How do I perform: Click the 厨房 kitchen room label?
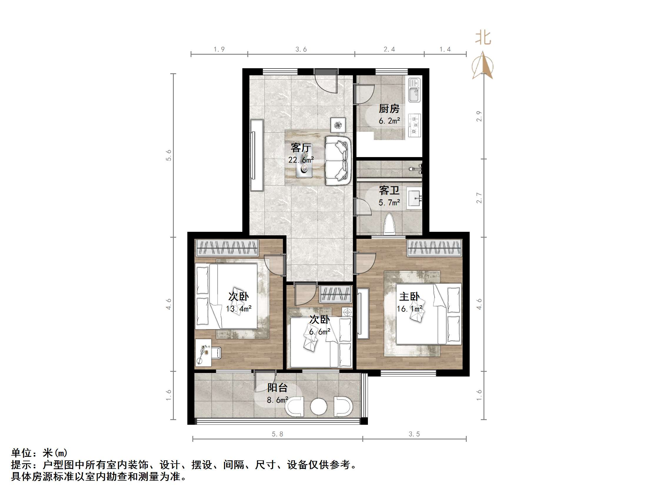[389, 109]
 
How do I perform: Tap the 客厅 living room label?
[301, 148]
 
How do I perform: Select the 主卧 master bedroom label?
[409, 296]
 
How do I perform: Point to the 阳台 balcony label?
[277, 387]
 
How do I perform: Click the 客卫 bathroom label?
[389, 190]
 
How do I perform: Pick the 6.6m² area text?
[319, 332]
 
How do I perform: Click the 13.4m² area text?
[239, 309]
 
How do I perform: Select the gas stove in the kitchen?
[414, 125]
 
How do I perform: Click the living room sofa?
[338, 161]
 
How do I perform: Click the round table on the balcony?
[319, 407]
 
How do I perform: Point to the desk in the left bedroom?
[203, 353]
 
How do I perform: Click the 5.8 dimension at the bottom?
[277, 434]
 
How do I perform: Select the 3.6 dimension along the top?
[301, 49]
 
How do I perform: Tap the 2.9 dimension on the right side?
[479, 116]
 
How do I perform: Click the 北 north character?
[483, 38]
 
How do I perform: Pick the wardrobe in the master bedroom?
[435, 248]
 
